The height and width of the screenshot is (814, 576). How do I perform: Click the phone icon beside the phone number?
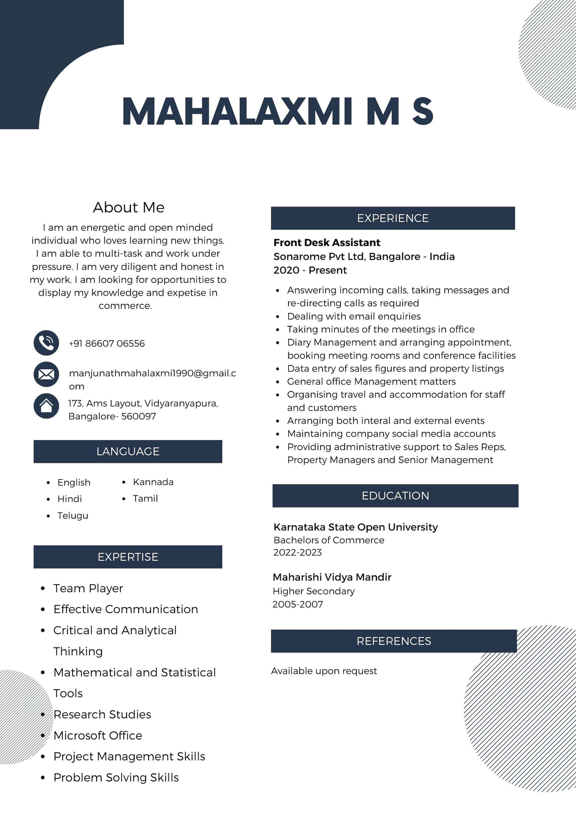[x=46, y=343]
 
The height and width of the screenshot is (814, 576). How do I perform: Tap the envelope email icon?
[x=46, y=374]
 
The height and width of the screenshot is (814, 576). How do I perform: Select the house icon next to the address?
[x=46, y=406]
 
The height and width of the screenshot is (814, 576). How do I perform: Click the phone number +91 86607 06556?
[x=106, y=343]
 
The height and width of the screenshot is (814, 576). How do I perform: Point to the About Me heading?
[x=128, y=207]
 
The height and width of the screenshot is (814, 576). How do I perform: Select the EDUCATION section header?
[x=395, y=496]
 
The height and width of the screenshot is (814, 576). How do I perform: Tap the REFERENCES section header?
[x=394, y=641]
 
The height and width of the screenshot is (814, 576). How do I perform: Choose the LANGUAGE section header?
[x=128, y=451]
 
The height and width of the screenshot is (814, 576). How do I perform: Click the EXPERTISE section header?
[x=128, y=557]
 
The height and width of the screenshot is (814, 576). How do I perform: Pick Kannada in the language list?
[x=153, y=482]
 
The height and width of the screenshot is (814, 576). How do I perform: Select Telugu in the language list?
[x=73, y=515]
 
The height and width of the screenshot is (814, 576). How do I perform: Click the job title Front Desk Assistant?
[x=326, y=242]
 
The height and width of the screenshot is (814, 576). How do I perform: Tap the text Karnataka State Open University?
[x=355, y=527]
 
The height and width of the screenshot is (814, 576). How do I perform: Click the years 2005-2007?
[x=298, y=604]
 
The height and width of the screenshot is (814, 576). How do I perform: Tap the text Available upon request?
[x=324, y=671]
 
